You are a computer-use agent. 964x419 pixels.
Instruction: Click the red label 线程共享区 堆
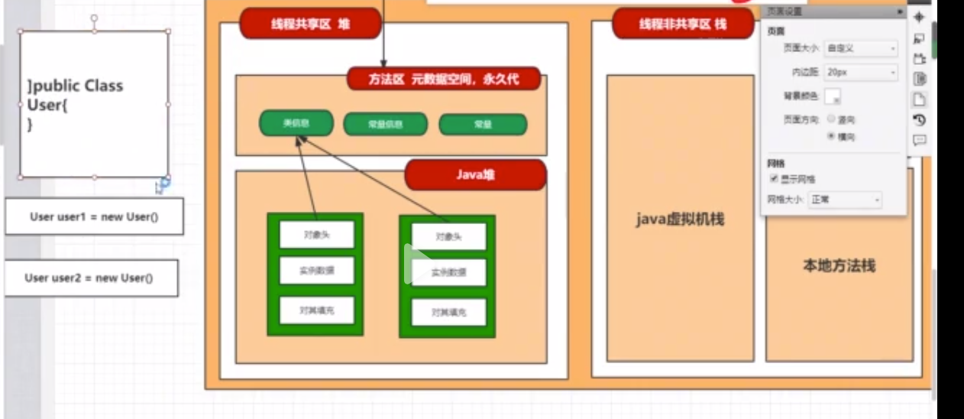click(x=310, y=24)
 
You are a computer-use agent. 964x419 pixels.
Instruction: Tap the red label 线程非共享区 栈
click(x=683, y=24)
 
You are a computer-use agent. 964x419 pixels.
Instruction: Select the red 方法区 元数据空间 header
click(x=444, y=79)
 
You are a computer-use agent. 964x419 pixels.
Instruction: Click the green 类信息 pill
click(x=296, y=123)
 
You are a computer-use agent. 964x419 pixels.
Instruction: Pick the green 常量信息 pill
click(x=385, y=125)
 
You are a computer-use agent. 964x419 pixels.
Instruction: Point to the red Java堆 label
click(x=475, y=175)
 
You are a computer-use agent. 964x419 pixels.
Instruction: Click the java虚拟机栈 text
click(x=680, y=219)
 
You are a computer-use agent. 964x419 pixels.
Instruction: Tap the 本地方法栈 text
click(x=839, y=265)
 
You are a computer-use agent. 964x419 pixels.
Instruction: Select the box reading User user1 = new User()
click(x=94, y=216)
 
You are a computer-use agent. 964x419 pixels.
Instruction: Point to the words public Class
click(x=76, y=86)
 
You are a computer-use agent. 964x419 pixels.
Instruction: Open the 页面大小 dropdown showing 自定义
click(x=860, y=48)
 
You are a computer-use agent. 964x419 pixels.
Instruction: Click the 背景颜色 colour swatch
click(x=833, y=96)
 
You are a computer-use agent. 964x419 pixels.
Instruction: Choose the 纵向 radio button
click(x=831, y=119)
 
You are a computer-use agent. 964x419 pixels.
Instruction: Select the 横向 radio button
click(x=831, y=136)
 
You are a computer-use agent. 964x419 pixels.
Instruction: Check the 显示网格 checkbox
click(x=775, y=179)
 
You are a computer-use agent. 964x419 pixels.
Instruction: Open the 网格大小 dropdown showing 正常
click(x=845, y=200)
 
